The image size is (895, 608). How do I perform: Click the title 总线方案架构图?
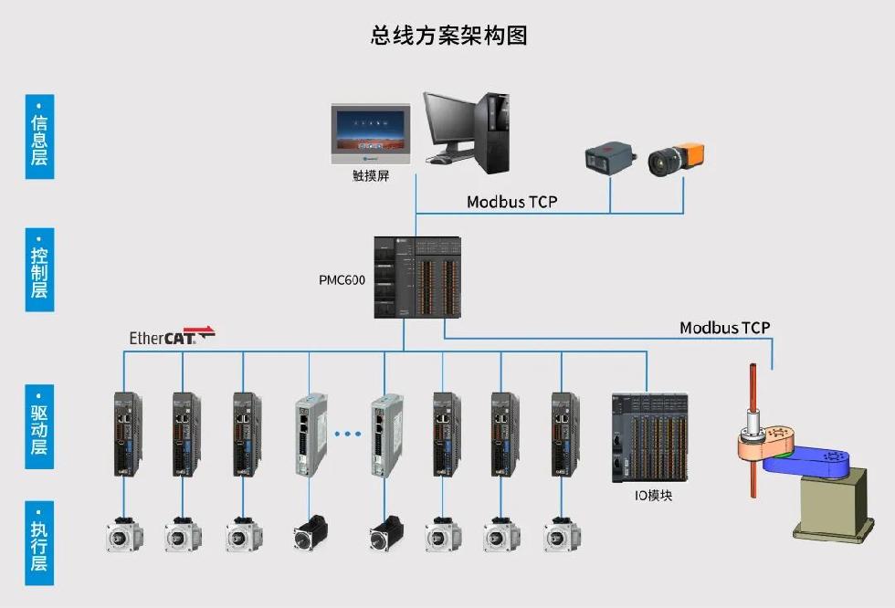448,36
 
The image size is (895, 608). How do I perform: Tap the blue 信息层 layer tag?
39,137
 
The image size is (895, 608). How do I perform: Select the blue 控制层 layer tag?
39,269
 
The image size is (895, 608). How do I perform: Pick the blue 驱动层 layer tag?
39,427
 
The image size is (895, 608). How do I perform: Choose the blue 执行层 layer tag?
39,542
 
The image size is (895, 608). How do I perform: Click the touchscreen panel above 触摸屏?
370,133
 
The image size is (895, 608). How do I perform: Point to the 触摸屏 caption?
370,176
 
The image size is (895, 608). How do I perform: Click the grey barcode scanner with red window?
609,159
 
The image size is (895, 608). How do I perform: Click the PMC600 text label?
342,280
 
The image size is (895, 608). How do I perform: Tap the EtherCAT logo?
172,336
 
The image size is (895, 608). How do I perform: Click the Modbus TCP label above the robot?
724,328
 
